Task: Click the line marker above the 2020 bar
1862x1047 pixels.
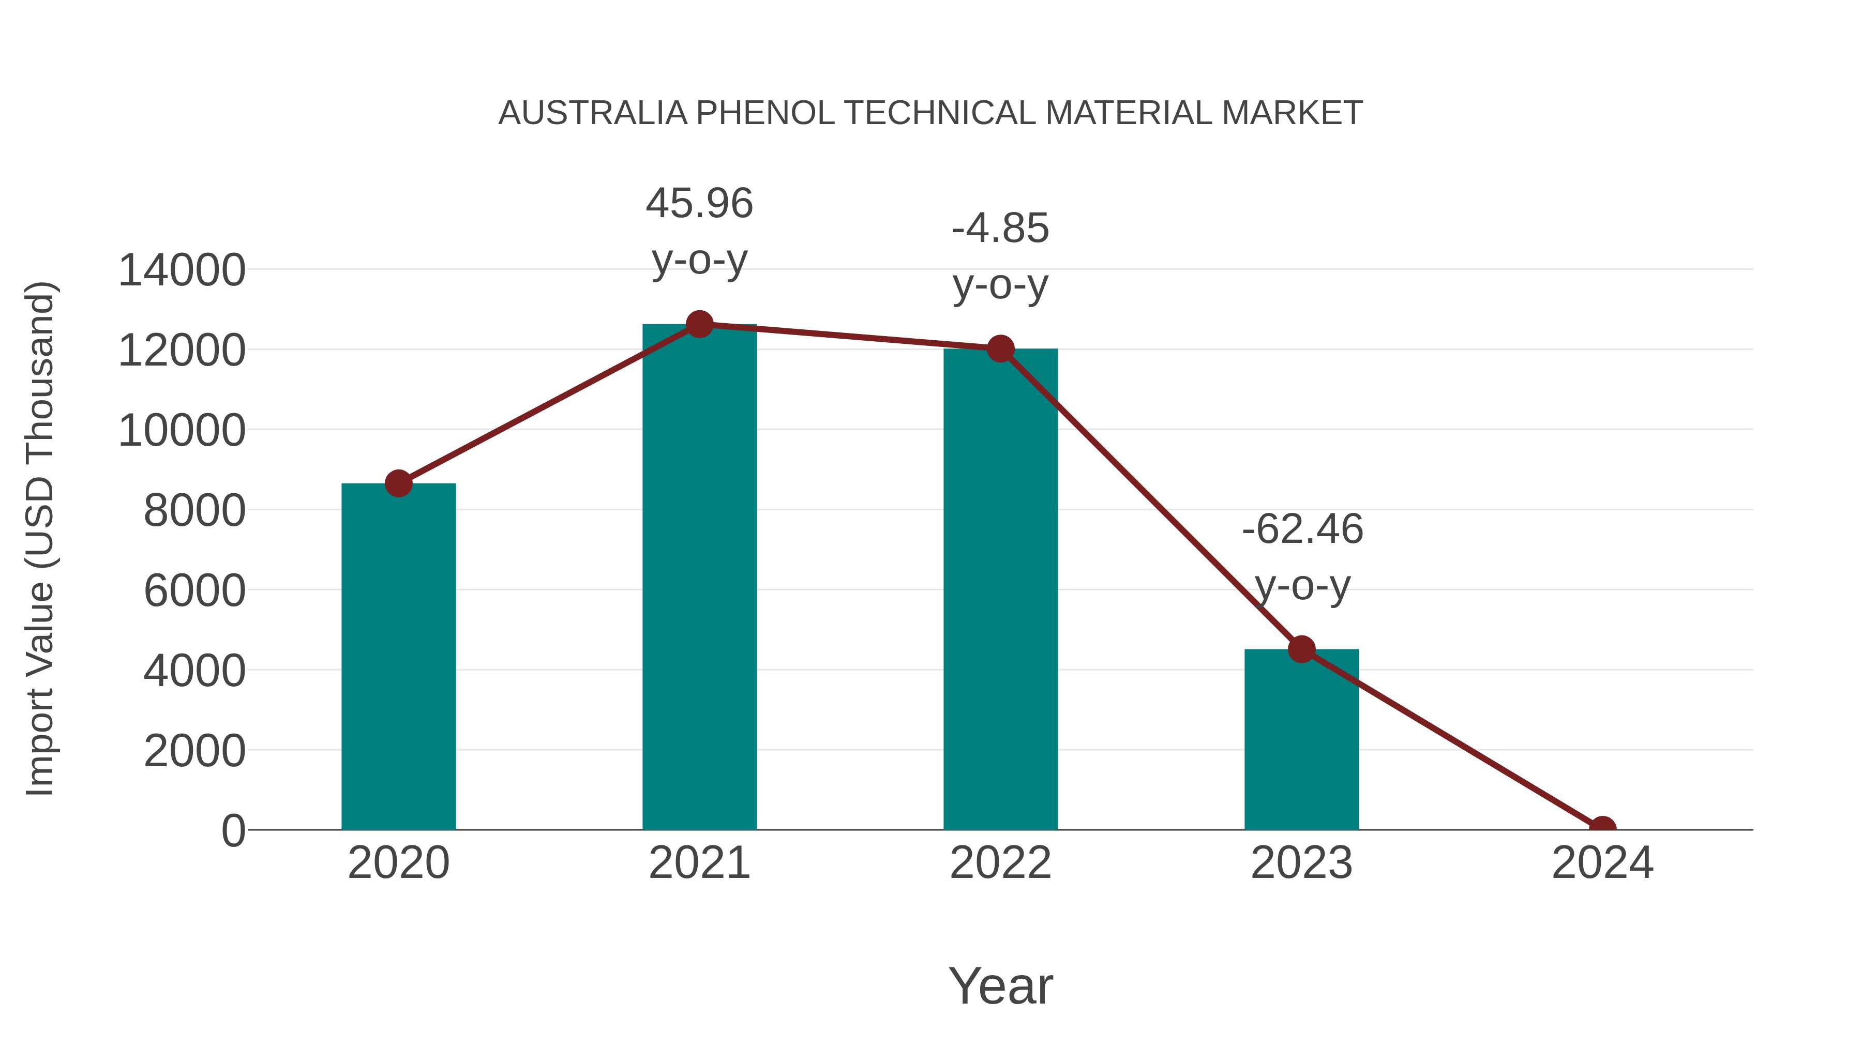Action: click(x=398, y=483)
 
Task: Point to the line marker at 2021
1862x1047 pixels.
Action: click(x=699, y=324)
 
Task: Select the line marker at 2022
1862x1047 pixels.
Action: click(x=1000, y=349)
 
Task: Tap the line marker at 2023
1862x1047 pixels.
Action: click(x=1301, y=649)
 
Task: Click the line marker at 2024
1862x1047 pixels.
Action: click(x=1602, y=828)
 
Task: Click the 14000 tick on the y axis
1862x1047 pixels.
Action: click(x=182, y=271)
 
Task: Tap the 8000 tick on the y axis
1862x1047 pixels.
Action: click(x=194, y=511)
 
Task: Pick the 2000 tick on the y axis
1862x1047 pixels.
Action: click(x=194, y=751)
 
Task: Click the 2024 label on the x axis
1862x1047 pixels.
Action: click(x=1602, y=863)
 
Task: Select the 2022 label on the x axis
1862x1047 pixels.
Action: click(x=1000, y=863)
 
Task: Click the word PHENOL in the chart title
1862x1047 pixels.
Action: click(x=765, y=113)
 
